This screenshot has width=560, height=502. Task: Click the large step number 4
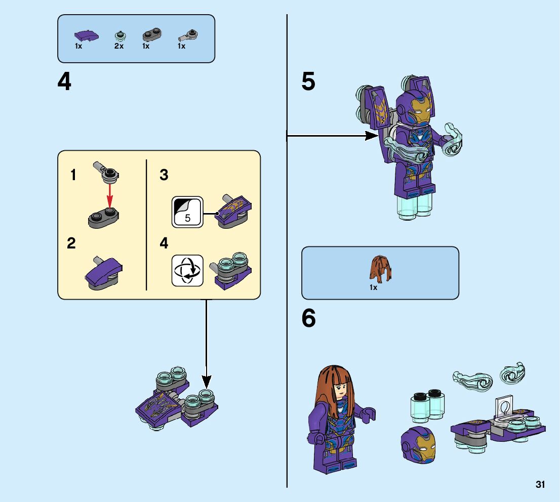click(64, 82)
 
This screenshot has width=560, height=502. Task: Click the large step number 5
click(308, 82)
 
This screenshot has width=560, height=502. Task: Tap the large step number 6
click(308, 318)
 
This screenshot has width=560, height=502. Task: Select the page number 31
click(540, 485)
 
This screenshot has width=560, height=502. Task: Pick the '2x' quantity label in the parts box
click(118, 46)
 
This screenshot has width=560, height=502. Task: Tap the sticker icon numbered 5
click(187, 212)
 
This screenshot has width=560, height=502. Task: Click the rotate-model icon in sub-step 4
click(187, 270)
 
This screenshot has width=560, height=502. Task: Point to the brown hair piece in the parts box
click(381, 269)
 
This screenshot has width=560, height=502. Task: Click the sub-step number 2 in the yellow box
click(71, 243)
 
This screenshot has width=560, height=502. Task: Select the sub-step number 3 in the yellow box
click(164, 175)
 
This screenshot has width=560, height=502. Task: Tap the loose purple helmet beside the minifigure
click(417, 443)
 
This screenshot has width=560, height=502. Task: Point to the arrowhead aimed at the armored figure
click(374, 135)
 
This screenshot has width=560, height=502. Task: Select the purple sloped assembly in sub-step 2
click(104, 272)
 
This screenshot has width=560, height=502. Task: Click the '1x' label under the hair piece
click(373, 287)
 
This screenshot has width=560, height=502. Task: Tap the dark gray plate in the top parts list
click(150, 35)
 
